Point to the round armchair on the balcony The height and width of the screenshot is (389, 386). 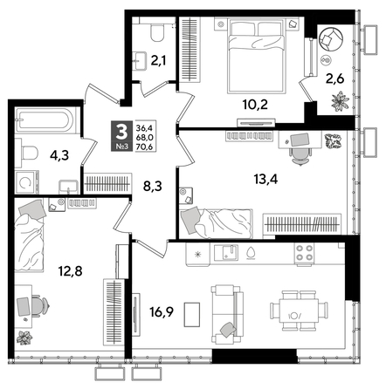[x=333, y=39]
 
